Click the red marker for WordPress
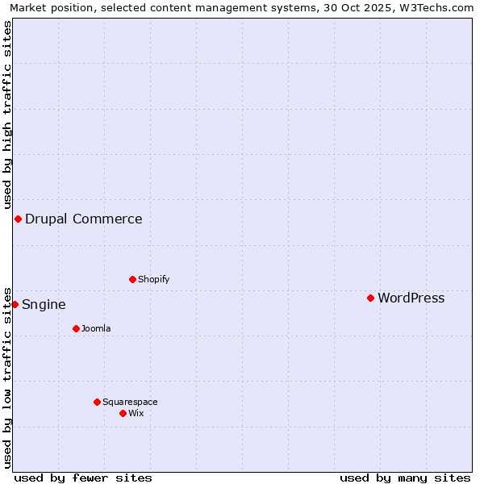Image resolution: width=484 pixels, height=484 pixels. (x=370, y=298)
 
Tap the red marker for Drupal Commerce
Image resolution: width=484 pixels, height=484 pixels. (x=18, y=219)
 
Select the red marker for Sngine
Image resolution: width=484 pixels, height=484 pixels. (x=15, y=304)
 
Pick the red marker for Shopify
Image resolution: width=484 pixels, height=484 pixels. (x=132, y=279)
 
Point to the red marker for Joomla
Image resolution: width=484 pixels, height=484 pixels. (x=76, y=328)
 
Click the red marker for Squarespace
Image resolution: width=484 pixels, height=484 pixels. (x=97, y=402)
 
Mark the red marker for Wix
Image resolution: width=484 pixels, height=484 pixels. (x=123, y=413)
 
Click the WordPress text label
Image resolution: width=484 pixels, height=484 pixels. (x=411, y=298)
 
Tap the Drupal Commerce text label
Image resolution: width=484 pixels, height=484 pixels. (x=83, y=219)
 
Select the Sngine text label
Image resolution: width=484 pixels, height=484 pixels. (x=44, y=305)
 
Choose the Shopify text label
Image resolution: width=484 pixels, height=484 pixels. (x=153, y=280)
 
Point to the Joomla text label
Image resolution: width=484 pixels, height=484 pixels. (x=96, y=329)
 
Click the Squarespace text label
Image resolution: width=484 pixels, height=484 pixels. (x=130, y=403)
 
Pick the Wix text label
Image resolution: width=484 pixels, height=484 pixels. (x=136, y=414)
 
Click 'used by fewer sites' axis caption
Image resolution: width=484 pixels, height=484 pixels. (x=83, y=478)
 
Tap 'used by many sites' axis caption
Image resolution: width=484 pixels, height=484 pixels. (x=405, y=478)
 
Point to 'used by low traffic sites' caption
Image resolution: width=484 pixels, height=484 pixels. (x=7, y=376)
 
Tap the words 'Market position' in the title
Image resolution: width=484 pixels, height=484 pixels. (x=48, y=7)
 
